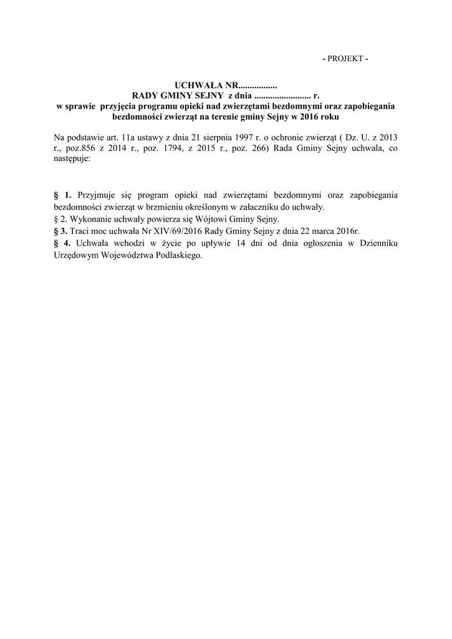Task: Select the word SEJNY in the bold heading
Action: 209,95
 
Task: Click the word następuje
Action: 72,159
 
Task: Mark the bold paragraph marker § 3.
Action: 60,232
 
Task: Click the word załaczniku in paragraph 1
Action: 275,207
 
